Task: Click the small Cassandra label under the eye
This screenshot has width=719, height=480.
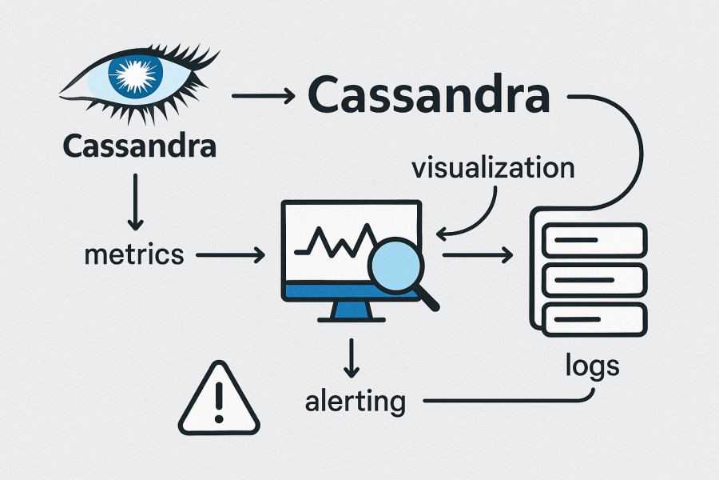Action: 138,146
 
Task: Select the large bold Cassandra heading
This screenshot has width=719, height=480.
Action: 428,96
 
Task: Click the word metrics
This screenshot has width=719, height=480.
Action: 133,255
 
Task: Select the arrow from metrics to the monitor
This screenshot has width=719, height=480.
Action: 230,255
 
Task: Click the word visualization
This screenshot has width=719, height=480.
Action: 492,169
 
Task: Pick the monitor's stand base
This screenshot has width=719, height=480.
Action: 349,318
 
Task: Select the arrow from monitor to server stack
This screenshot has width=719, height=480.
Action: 477,255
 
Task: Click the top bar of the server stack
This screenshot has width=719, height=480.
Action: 594,239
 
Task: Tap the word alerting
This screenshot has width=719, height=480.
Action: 355,400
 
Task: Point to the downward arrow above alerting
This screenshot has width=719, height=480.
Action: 349,358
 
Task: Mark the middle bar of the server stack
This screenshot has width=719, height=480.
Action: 594,279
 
